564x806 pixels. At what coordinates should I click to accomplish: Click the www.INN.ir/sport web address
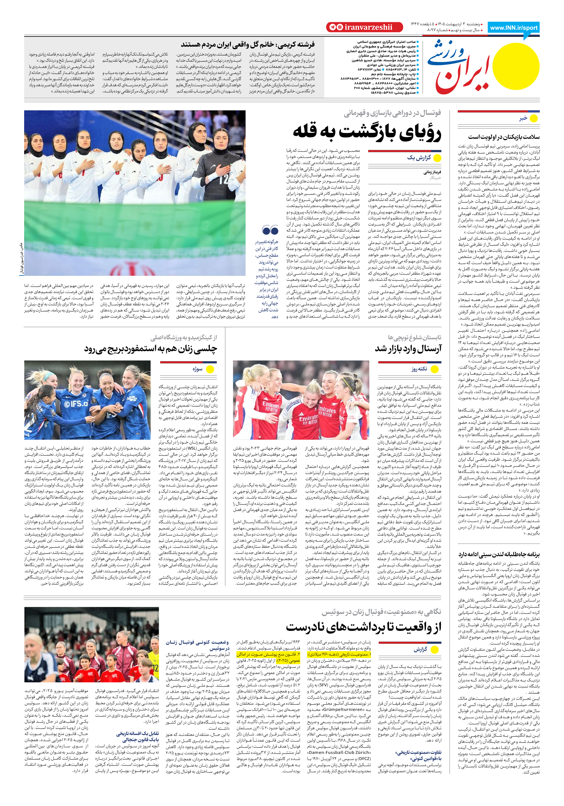coord(513,28)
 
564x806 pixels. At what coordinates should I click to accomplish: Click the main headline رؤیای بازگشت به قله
coord(367,132)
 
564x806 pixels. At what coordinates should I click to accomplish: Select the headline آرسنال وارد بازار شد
coord(408,349)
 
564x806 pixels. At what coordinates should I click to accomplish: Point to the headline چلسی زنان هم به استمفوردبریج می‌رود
coord(150,349)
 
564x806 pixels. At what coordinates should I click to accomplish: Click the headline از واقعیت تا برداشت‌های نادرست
coord(363,627)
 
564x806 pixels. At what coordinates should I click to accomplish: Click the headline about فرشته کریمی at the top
coord(248,45)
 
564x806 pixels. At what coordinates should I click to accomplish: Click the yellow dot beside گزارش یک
coord(437,158)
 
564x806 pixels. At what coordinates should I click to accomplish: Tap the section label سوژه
coord(198,369)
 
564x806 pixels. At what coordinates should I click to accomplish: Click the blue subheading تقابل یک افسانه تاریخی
coord(138,733)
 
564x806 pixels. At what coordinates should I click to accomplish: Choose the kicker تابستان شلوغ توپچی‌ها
coord(414,337)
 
